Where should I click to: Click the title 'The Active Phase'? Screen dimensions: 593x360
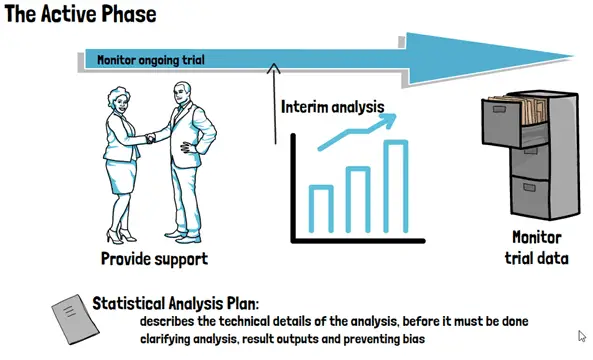[x=80, y=14]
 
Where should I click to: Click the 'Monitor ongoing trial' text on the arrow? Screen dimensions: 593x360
[x=151, y=60]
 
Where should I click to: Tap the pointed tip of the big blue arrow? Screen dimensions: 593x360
[x=572, y=56]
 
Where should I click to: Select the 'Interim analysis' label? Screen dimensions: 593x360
[x=332, y=107]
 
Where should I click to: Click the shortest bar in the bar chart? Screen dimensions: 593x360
[x=321, y=209]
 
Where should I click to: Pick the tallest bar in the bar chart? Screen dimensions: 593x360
[x=396, y=186]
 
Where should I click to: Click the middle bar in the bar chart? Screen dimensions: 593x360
[x=358, y=199]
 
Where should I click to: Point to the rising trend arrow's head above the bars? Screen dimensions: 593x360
[x=387, y=120]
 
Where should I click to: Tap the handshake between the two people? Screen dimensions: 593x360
[x=151, y=138]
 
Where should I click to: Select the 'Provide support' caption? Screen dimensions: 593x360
[x=154, y=259]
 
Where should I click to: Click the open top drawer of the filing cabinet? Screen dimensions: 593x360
[x=515, y=121]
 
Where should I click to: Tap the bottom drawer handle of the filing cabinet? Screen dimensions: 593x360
[x=529, y=188]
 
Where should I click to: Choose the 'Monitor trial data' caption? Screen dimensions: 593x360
[x=536, y=248]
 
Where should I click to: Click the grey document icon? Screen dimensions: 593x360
[x=75, y=320]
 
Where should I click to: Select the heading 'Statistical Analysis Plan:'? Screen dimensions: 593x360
[x=176, y=303]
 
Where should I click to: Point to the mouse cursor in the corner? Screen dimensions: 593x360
[x=582, y=336]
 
